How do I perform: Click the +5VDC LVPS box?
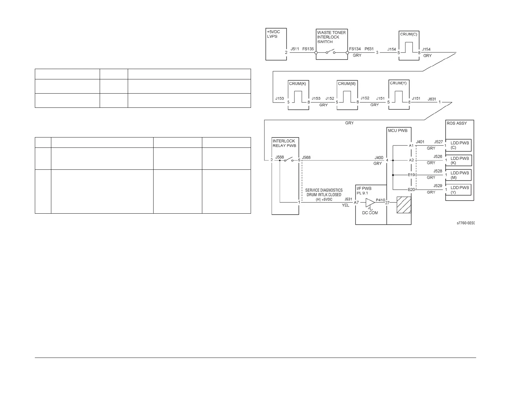coord(276,44)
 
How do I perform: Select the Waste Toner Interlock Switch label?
coord(331,37)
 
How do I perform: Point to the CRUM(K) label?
coord(297,84)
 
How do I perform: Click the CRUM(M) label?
coord(347,84)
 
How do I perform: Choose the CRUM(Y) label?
coord(398,83)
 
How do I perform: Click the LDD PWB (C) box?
coord(458,146)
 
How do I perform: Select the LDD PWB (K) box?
coord(458,160)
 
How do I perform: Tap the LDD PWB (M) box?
coord(458,175)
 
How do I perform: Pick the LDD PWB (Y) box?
coord(458,189)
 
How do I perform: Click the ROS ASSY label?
coord(456,123)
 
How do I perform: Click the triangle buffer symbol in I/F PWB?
coord(370,203)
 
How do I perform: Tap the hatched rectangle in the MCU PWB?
coord(404,205)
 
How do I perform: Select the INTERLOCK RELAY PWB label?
coord(284,143)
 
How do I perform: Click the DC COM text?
coord(370,213)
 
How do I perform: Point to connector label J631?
coord(432,99)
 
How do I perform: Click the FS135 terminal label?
coord(308,49)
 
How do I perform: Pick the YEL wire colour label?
coord(345,205)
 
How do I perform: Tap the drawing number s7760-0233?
coord(466,223)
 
